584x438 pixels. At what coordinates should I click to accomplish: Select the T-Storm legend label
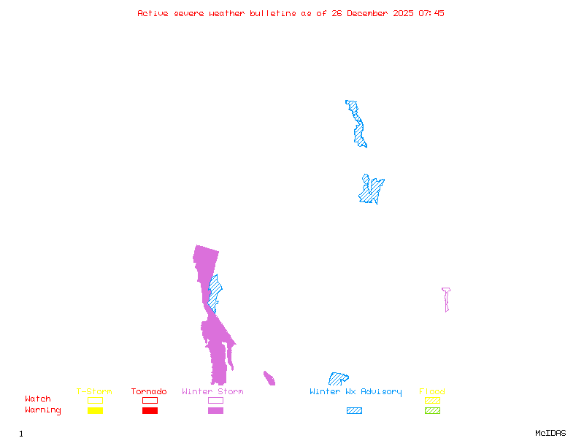coord(94,392)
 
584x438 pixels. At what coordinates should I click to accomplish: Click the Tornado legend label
coord(149,392)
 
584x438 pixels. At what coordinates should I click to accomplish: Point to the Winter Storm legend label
coord(212,392)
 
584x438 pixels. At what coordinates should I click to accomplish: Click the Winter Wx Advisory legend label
coord(356,392)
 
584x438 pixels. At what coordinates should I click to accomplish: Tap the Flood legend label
coord(432,392)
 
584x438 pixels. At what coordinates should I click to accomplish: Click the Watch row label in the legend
coord(38,399)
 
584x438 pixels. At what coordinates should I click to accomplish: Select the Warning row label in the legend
coord(43,410)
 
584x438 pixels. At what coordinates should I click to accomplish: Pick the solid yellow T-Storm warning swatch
coord(95,411)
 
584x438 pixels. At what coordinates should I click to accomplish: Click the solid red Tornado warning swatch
coord(150,411)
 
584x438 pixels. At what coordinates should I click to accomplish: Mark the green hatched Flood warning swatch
coord(433,411)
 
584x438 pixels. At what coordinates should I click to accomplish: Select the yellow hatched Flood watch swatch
coord(433,400)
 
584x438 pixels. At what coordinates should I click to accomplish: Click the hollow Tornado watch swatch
coord(150,400)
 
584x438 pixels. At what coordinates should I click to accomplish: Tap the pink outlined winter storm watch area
coord(446,298)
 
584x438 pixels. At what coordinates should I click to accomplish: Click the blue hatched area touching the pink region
coord(215,292)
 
